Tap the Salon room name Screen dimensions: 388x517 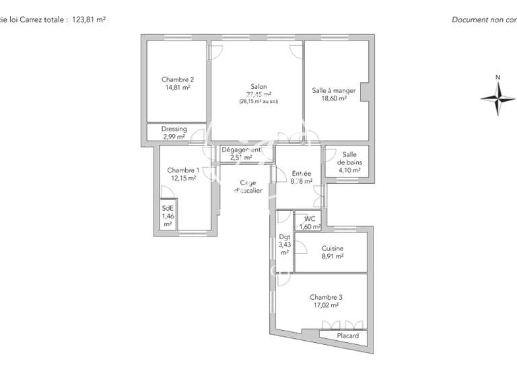coord(258,87)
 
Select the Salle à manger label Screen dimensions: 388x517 coord(334,90)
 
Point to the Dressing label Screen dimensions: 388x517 coord(174,129)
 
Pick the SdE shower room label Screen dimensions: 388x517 coord(168,208)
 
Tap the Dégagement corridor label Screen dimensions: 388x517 coord(241,150)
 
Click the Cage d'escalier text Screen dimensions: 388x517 coord(248,187)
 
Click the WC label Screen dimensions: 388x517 coord(310,218)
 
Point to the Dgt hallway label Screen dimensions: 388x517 coord(284,236)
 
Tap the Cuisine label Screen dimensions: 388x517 coord(333,248)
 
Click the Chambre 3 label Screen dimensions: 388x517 coord(326,297)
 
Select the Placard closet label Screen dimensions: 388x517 coord(347,335)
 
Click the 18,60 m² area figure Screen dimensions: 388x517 coord(334,98)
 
